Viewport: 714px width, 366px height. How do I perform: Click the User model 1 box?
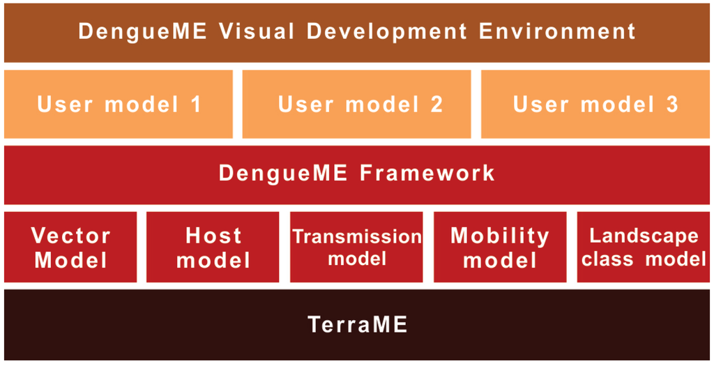coord(119,105)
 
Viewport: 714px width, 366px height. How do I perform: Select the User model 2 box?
coord(360,105)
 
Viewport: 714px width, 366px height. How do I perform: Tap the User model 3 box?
coord(595,105)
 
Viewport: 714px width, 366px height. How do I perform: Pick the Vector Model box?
coord(71,247)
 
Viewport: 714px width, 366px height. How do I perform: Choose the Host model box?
coord(213,247)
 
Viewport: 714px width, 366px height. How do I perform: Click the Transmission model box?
coord(356,247)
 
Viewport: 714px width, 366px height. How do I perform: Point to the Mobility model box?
coord(500,247)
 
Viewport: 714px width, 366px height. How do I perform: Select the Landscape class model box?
coord(644,247)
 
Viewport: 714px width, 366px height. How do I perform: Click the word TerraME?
coord(357,325)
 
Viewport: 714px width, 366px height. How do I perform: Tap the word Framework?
coord(428,173)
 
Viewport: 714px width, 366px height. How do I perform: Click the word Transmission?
coord(357,236)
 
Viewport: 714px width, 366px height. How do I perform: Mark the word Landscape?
coord(644,236)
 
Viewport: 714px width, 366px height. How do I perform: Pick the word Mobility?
coord(500,236)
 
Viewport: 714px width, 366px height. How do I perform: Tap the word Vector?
coord(71,236)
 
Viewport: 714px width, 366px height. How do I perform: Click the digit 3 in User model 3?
coord(671,105)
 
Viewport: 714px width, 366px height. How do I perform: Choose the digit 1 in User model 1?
coord(195,105)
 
